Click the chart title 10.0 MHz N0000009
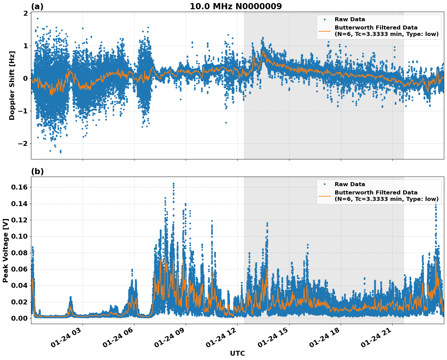coord(235,6)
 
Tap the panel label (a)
coord(37,6)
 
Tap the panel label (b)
coord(37,171)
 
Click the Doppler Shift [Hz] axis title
coord(12,85)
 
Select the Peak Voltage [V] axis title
coord(5,250)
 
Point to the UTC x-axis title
coord(237,353)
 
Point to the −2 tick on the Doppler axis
coord(22,143)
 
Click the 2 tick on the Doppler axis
coord(25,13)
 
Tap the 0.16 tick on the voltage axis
coord(20,187)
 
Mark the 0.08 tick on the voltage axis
coord(20,253)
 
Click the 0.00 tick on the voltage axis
coord(20,318)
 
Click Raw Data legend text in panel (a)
coord(350,19)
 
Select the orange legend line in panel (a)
coord(325,31)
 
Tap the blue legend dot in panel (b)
coord(325,184)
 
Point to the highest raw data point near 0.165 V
coord(173,183)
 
